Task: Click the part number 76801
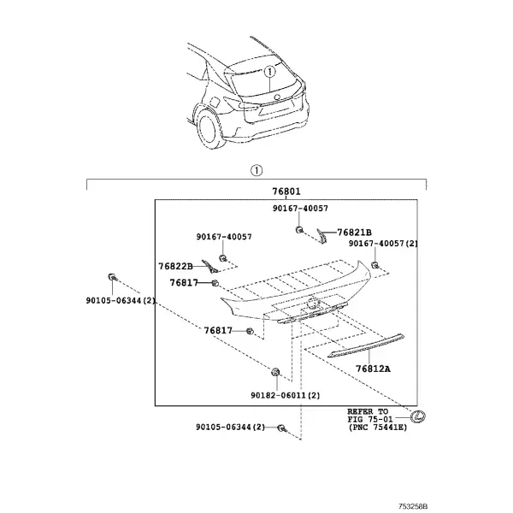coord(286,192)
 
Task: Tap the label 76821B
coord(354,233)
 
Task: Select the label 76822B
coord(175,266)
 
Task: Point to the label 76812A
coord(374,369)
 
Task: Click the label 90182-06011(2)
coord(286,395)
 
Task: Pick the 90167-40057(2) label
coord(383,244)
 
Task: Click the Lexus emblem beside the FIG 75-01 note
coord(418,416)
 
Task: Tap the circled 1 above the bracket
coord(256,170)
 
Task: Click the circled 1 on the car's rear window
coord(269,71)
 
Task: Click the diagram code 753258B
coord(413,506)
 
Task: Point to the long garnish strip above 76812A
coord(366,345)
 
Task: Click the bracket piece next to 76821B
coord(321,236)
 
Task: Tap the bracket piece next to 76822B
coord(209,267)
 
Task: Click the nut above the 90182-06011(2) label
coord(275,372)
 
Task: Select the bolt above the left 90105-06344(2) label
coord(112,277)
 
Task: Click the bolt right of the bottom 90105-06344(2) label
coord(281,427)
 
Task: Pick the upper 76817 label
coord(184,282)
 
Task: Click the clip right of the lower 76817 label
coord(250,331)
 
